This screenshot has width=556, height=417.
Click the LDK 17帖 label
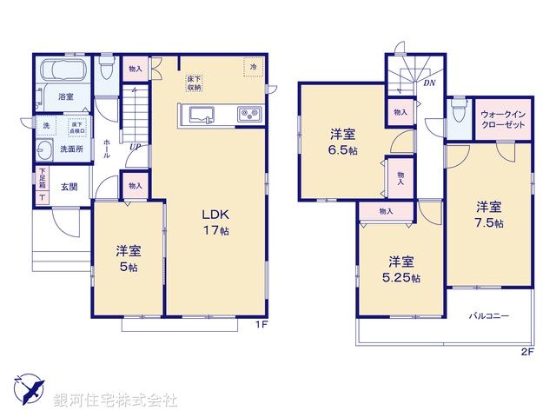(215, 222)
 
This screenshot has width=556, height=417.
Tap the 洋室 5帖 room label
(129, 259)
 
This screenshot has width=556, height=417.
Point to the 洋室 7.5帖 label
(488, 214)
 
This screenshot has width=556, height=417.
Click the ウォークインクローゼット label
(501, 119)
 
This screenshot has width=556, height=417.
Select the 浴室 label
(66, 96)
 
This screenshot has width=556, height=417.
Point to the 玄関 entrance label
(69, 187)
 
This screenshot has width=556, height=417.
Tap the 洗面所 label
(70, 149)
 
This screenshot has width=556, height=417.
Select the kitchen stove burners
(247, 114)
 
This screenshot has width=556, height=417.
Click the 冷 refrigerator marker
(254, 68)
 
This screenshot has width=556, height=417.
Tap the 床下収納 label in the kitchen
(194, 83)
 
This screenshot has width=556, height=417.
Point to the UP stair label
(135, 147)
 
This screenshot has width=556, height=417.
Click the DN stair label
(429, 83)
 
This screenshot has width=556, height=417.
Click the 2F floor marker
(526, 351)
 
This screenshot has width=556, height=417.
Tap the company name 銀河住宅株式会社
(115, 401)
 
